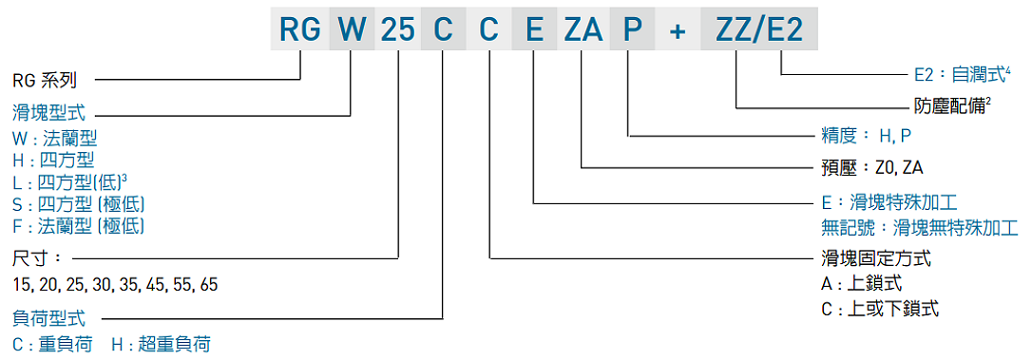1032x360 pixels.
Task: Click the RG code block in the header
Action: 299,29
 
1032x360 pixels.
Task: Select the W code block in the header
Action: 351,29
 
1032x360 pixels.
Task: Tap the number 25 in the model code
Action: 397,29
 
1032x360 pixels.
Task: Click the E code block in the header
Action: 535,29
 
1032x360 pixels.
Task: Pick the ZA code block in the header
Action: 583,29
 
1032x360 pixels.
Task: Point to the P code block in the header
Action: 632,29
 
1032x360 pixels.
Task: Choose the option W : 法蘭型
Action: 55,138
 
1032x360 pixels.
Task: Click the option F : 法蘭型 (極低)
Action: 79,225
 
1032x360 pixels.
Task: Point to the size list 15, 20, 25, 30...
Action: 115,284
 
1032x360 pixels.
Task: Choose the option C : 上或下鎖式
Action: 880,309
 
